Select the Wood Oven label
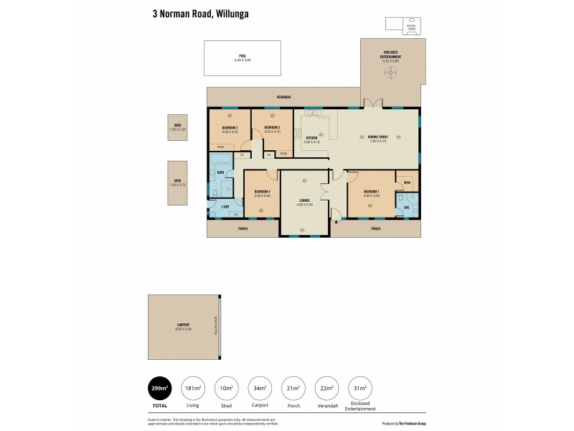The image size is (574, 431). pyautogui.click(x=412, y=27)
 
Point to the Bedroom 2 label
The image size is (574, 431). pyautogui.click(x=230, y=128)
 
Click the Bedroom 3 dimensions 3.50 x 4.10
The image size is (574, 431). pyautogui.click(x=271, y=131)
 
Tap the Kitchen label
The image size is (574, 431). pyautogui.click(x=312, y=137)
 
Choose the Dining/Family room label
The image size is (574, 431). pyautogui.click(x=377, y=137)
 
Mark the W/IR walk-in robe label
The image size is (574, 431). pyautogui.click(x=406, y=182)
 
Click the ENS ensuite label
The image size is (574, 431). pyautogui.click(x=406, y=208)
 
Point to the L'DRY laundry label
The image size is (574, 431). pyautogui.click(x=225, y=207)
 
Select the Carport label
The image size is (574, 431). pyautogui.click(x=183, y=325)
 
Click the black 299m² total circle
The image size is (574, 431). pyautogui.click(x=159, y=389)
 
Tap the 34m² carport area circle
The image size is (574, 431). pyautogui.click(x=259, y=389)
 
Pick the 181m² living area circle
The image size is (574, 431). pyautogui.click(x=193, y=389)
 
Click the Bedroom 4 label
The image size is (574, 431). pyautogui.click(x=261, y=192)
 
